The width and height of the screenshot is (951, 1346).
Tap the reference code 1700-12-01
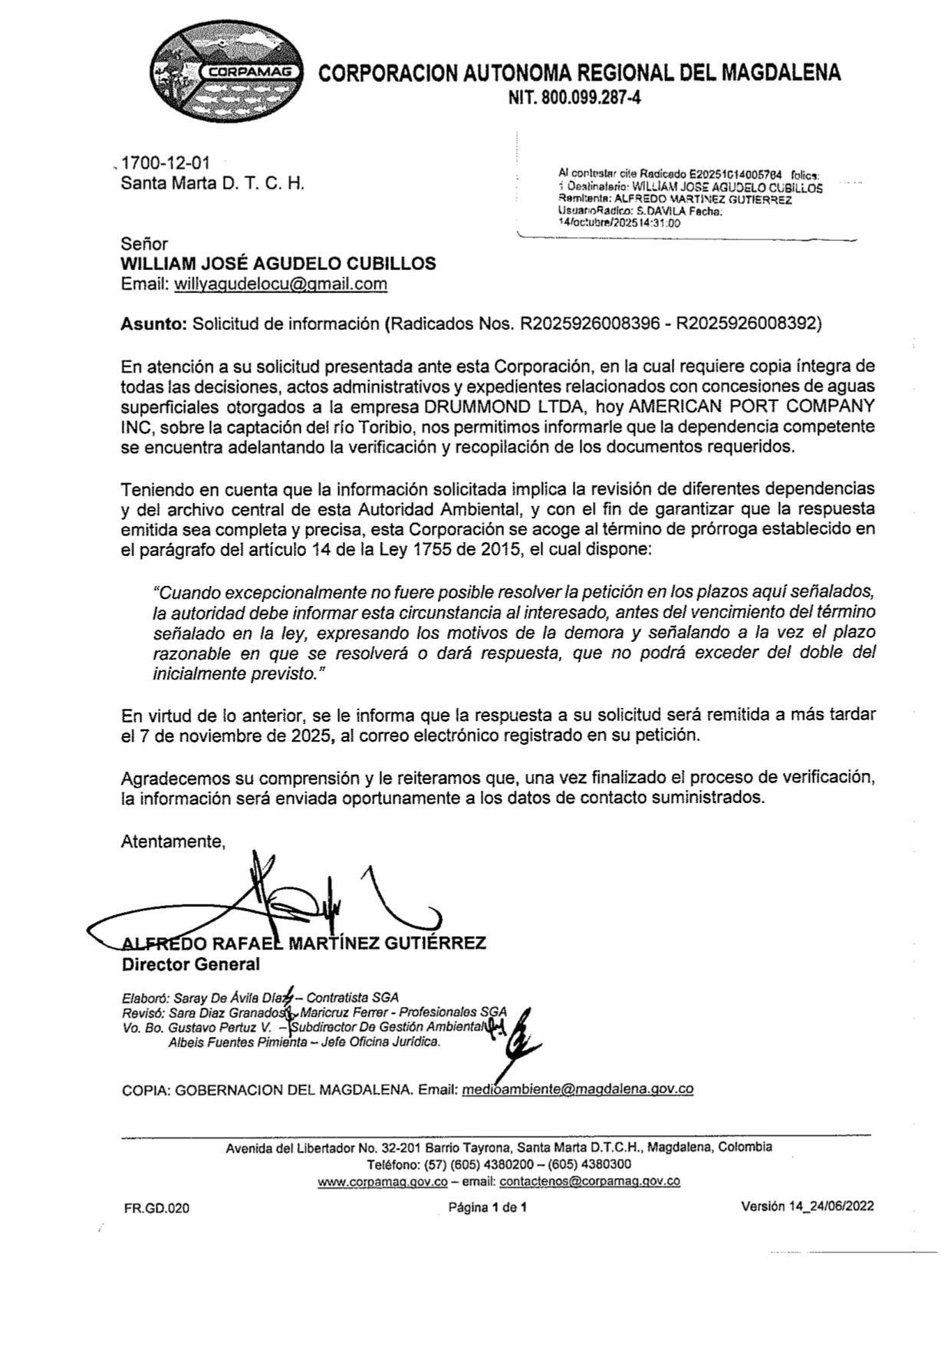point(165,163)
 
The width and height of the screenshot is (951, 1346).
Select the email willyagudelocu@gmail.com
point(281,285)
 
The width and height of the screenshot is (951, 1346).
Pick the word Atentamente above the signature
point(173,841)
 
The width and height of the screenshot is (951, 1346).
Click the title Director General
point(191,964)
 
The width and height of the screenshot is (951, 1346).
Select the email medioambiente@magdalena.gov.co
point(578,1090)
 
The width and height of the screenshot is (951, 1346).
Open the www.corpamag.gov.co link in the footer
point(383,1182)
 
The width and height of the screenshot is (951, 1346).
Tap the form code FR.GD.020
point(156,1209)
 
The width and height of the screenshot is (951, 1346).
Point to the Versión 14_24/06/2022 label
point(807,1206)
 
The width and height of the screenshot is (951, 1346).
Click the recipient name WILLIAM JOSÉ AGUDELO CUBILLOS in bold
point(278,264)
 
